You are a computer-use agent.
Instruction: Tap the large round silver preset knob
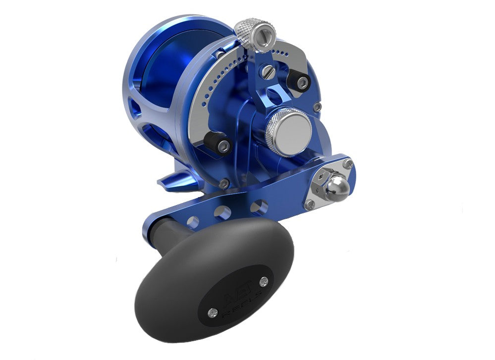coord(288,130)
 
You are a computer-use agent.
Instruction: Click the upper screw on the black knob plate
coord(263,282)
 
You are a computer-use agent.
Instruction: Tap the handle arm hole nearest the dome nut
coord(258,206)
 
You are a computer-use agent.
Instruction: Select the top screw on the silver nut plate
coord(349,164)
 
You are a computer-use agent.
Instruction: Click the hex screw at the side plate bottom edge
coord(225,183)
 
